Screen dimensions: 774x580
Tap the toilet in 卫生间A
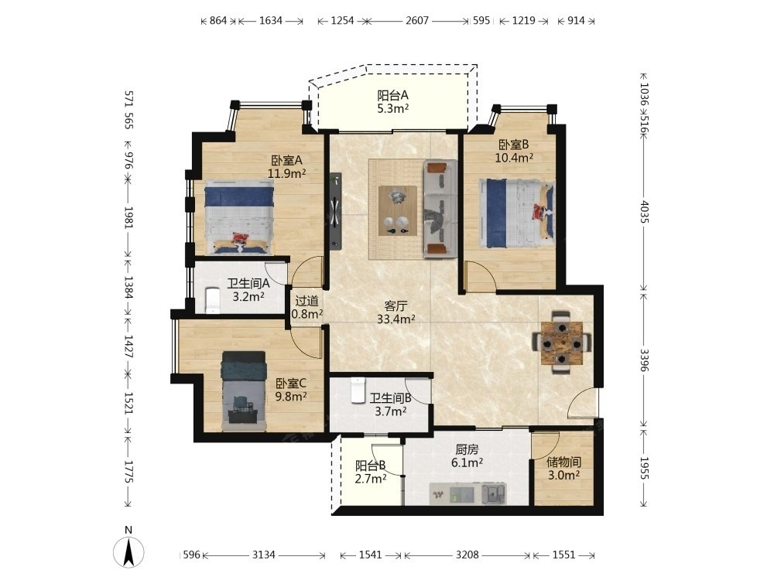tap(213, 300)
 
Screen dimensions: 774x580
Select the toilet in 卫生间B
tap(357, 390)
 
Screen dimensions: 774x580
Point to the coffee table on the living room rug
tap(397, 210)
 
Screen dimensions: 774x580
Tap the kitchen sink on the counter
tap(494, 493)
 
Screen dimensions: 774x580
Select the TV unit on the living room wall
tap(336, 210)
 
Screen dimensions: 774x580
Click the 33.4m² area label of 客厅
tap(396, 319)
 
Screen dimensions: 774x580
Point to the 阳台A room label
tap(393, 94)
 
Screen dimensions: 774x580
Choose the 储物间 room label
tap(563, 462)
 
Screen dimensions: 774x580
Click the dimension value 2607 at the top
tap(417, 21)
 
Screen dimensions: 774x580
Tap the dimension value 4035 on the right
tap(644, 211)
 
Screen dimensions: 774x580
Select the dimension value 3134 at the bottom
tap(264, 554)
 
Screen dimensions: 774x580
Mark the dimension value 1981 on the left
tap(128, 217)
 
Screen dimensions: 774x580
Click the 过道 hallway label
tap(307, 301)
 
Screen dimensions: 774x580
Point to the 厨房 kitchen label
tap(467, 450)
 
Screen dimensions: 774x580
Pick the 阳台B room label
tap(370, 466)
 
